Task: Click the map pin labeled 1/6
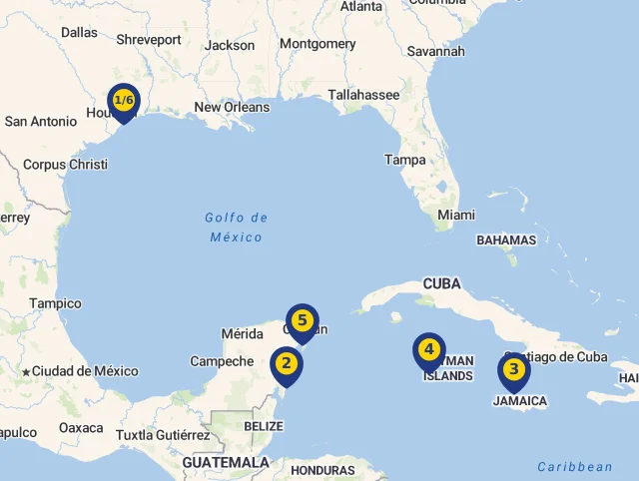[x=124, y=102]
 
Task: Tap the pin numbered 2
[x=287, y=364]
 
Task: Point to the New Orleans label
[x=232, y=107]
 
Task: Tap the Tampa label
[x=405, y=160]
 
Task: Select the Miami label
[x=456, y=215]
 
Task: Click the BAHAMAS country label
[x=506, y=240]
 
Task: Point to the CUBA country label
[x=441, y=283]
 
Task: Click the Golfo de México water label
[x=237, y=228]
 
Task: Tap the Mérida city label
[x=242, y=333]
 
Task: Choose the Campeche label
[x=222, y=361]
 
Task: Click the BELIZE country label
[x=264, y=426]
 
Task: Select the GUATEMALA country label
[x=226, y=463]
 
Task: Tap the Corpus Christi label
[x=65, y=165]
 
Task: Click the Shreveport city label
[x=149, y=40]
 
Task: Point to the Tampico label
[x=55, y=303]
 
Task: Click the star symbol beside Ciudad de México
[x=26, y=371]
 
